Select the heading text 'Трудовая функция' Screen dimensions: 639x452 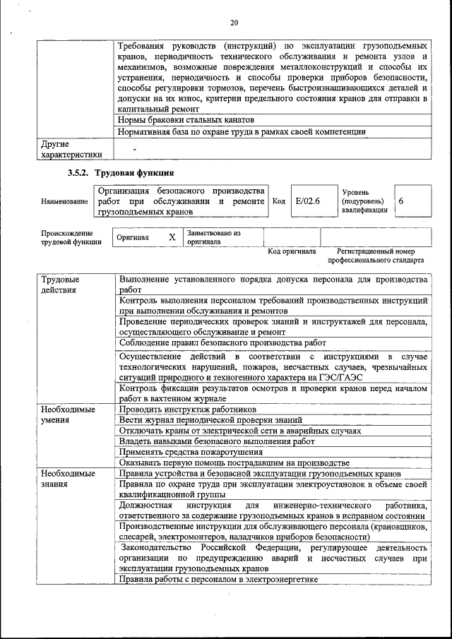point(134,172)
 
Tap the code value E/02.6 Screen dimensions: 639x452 point(308,201)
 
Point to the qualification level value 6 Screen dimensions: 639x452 point(401,201)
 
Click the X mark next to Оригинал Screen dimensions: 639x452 point(172,237)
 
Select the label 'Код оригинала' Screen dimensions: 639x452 point(292,251)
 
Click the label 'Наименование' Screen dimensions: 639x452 point(64,201)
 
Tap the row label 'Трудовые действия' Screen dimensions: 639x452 point(60,285)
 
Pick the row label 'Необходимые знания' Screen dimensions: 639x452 point(69,479)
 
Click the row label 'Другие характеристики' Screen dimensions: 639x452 point(71,149)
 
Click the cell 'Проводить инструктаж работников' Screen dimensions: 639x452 point(188,410)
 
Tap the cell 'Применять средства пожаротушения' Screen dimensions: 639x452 point(190,451)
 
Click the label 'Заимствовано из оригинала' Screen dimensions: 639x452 point(213,237)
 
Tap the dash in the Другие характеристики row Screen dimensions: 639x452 point(134,148)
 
